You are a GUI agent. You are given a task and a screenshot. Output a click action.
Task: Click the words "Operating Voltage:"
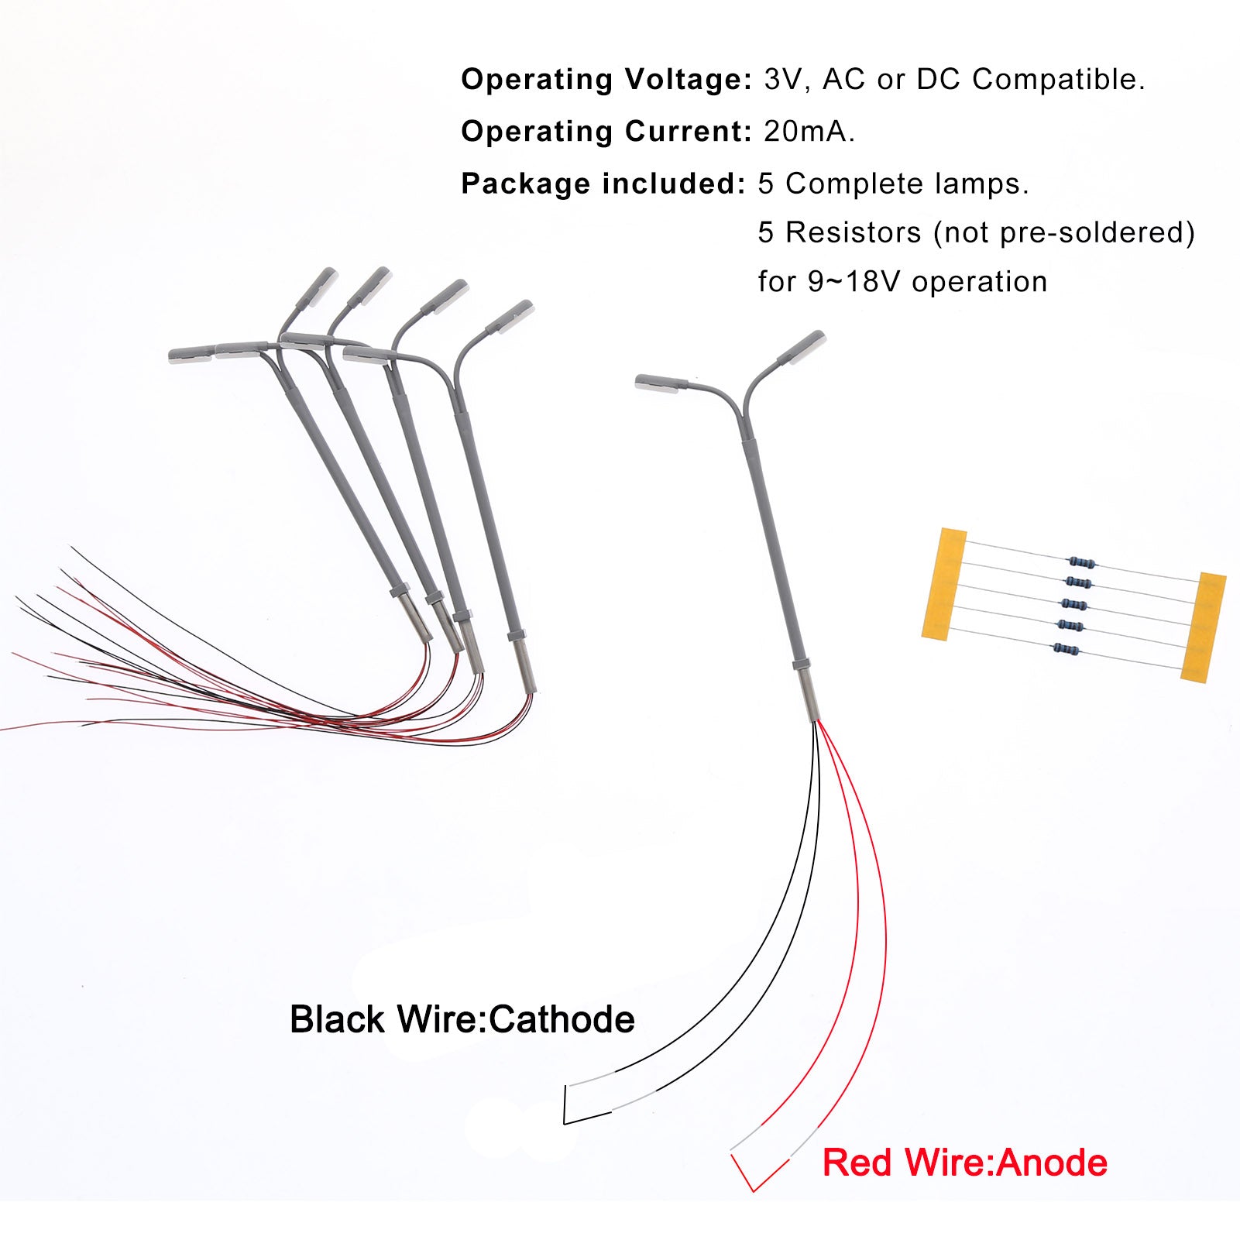[606, 80]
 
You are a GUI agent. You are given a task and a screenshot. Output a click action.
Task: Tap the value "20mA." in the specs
[809, 132]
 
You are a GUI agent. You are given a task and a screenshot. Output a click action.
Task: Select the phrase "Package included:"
[603, 184]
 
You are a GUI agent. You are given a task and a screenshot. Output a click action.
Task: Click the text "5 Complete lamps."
[893, 184]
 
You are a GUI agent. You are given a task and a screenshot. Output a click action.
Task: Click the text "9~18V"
[855, 282]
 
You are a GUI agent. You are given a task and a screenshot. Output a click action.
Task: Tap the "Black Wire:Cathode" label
[462, 1019]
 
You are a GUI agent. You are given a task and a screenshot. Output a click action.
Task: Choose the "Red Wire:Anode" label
[964, 1163]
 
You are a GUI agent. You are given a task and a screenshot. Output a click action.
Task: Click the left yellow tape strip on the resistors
[944, 584]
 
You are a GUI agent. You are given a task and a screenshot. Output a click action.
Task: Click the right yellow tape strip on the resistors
[1204, 627]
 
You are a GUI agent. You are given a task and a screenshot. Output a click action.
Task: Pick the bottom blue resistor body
[1067, 649]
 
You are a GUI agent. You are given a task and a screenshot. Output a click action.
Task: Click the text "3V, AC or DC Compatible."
[954, 80]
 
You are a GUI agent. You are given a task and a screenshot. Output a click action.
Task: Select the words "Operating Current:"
[606, 132]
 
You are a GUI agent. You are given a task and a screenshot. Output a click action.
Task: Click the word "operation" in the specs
[979, 282]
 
